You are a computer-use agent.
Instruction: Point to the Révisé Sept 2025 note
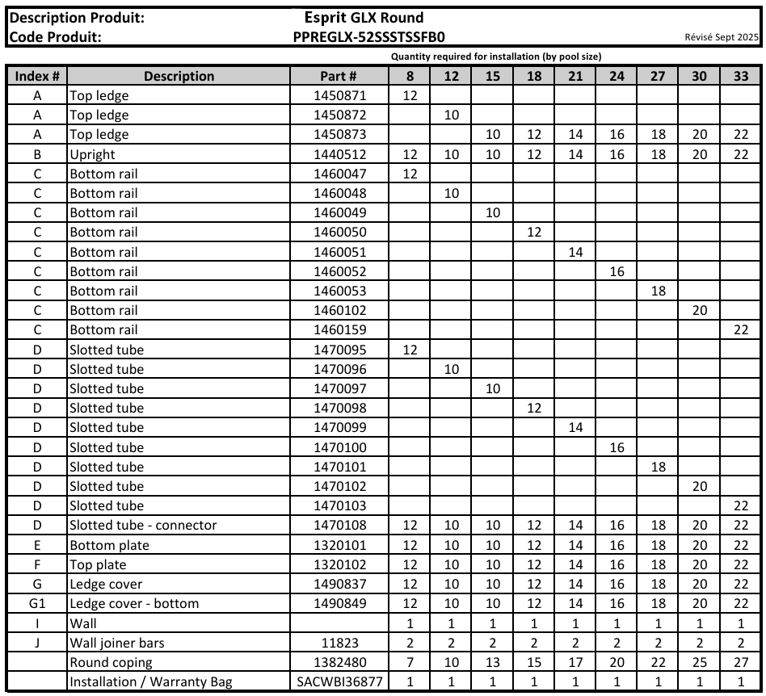point(721,37)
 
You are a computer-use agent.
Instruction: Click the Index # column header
point(36,76)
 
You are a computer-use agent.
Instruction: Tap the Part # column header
point(339,76)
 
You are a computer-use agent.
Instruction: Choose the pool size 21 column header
point(575,76)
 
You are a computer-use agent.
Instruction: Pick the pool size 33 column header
point(740,76)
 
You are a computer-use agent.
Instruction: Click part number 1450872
point(339,115)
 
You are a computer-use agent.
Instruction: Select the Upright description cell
point(93,154)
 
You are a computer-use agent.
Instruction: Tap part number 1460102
point(339,310)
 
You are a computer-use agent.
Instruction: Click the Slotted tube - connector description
point(143,525)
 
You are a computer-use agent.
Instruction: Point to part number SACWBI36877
point(339,681)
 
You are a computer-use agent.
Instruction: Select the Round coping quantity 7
point(410,662)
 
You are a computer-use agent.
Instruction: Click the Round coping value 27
point(740,662)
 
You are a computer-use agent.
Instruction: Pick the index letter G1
point(36,603)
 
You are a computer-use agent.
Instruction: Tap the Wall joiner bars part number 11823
point(339,643)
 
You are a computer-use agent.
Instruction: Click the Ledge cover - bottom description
point(134,603)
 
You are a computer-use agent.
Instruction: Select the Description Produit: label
point(77,18)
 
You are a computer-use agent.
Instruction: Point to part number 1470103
point(339,505)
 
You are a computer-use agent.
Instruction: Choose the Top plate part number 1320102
point(339,564)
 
